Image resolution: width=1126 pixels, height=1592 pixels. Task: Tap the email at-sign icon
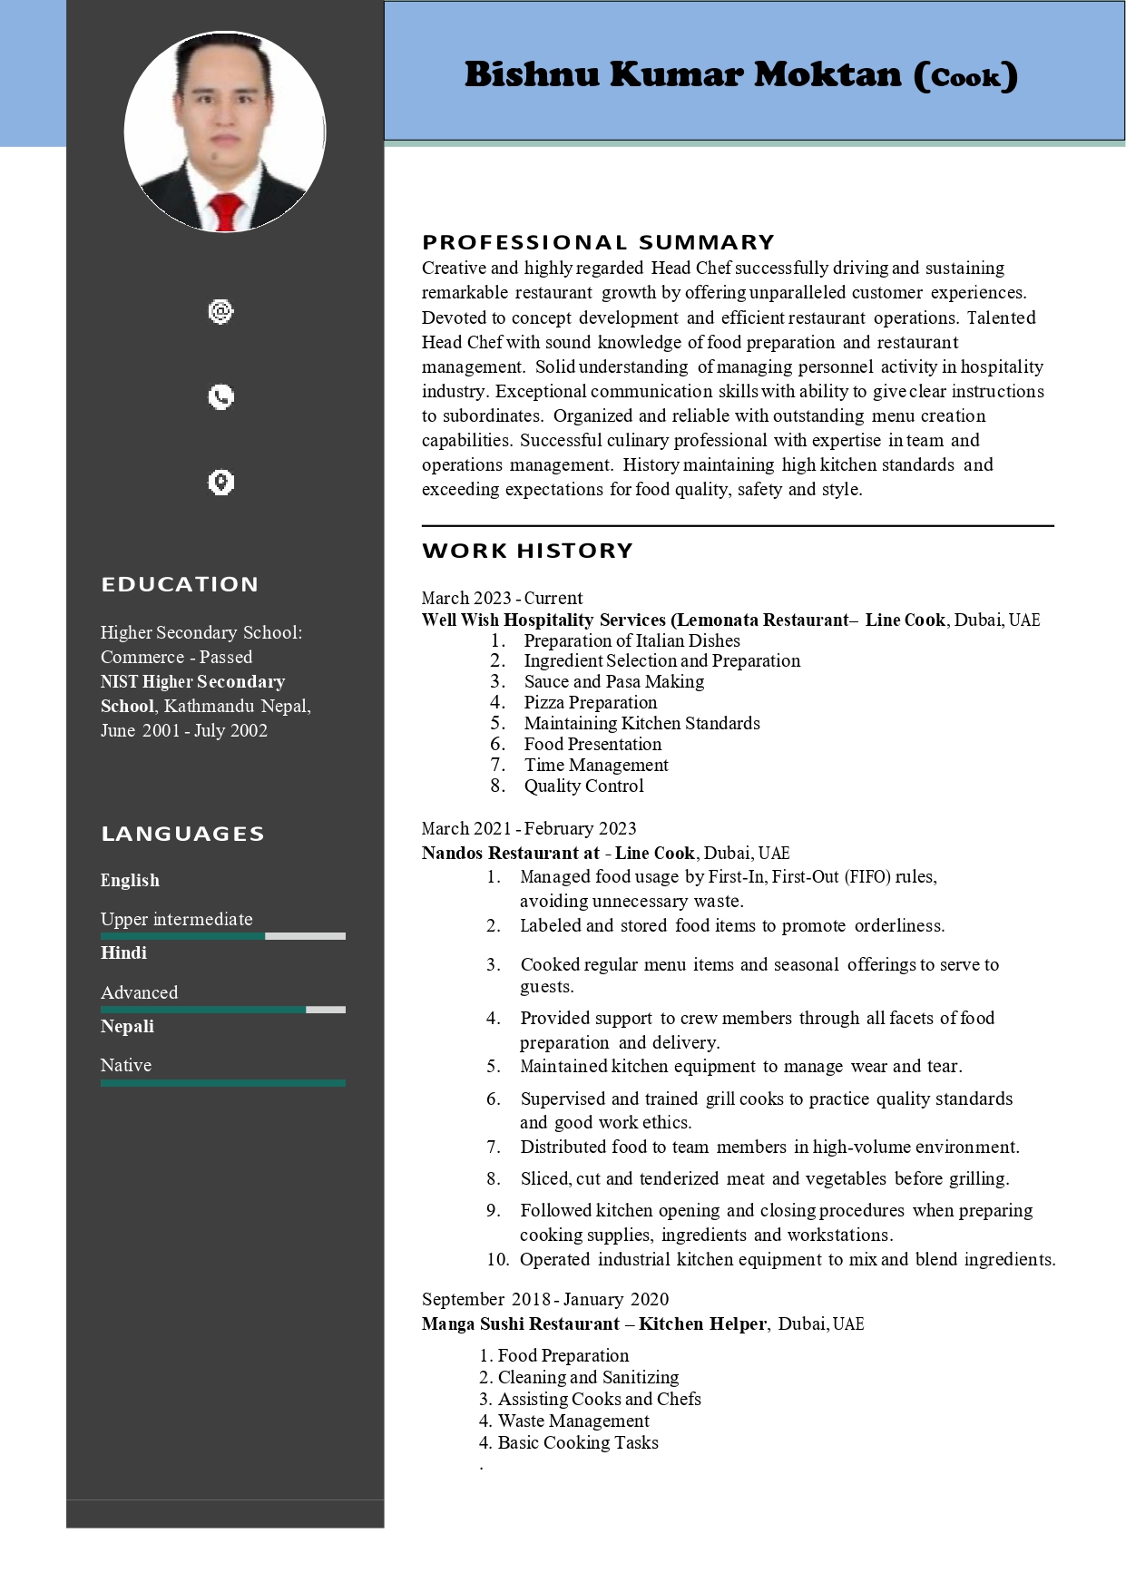pyautogui.click(x=220, y=312)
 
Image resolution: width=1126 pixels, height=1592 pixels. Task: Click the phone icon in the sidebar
pyautogui.click(x=220, y=396)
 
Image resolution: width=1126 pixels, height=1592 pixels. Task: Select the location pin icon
pyautogui.click(x=220, y=482)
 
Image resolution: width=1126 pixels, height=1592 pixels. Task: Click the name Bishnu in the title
pyautogui.click(x=532, y=74)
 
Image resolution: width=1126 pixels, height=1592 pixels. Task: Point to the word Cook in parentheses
pyautogui.click(x=965, y=77)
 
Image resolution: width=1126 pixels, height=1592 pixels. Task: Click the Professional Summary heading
pyautogui.click(x=598, y=242)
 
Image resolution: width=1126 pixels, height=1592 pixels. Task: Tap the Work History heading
pyautogui.click(x=527, y=551)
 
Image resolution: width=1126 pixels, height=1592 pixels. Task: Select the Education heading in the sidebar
pyautogui.click(x=180, y=584)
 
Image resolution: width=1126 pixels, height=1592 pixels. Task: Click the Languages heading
pyautogui.click(x=182, y=834)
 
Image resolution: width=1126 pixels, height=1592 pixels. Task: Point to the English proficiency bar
pyautogui.click(x=222, y=936)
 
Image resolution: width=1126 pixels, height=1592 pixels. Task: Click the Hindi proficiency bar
pyautogui.click(x=222, y=1010)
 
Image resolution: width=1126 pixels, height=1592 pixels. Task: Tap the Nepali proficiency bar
pyautogui.click(x=222, y=1083)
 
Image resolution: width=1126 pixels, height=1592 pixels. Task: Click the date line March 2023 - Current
pyautogui.click(x=502, y=598)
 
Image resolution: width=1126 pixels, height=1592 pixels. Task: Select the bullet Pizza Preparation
pyautogui.click(x=590, y=702)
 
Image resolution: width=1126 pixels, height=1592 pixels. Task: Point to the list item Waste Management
pyautogui.click(x=573, y=1421)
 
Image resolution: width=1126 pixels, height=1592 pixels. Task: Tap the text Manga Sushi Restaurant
pyautogui.click(x=520, y=1323)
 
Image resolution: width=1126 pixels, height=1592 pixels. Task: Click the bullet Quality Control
pyautogui.click(x=583, y=786)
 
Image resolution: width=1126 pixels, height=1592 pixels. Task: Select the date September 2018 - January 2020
pyautogui.click(x=544, y=1299)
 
